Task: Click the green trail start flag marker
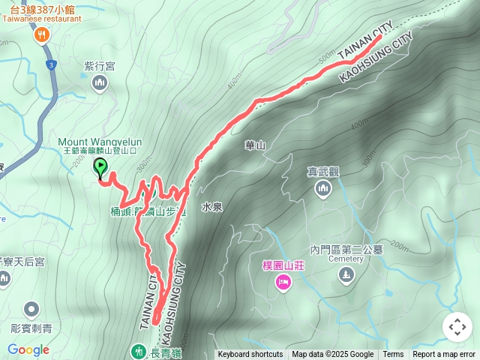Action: pyautogui.click(x=99, y=168)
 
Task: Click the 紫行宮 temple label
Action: pyautogui.click(x=99, y=66)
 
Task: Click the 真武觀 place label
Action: pyautogui.click(x=323, y=172)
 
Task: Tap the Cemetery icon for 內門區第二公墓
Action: pyautogui.click(x=345, y=275)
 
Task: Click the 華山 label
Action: pyautogui.click(x=255, y=145)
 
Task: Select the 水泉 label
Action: pyautogui.click(x=211, y=205)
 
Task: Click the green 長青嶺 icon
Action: pyautogui.click(x=138, y=350)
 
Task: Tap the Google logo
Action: pyautogui.click(x=28, y=349)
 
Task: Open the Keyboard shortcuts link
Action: pyautogui.click(x=250, y=355)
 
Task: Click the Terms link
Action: pyautogui.click(x=393, y=355)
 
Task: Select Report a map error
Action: pyautogui.click(x=444, y=355)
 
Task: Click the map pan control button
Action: pyautogui.click(x=457, y=327)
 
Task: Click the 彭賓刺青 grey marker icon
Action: pyautogui.click(x=31, y=309)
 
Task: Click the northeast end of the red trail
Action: pyautogui.click(x=379, y=35)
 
